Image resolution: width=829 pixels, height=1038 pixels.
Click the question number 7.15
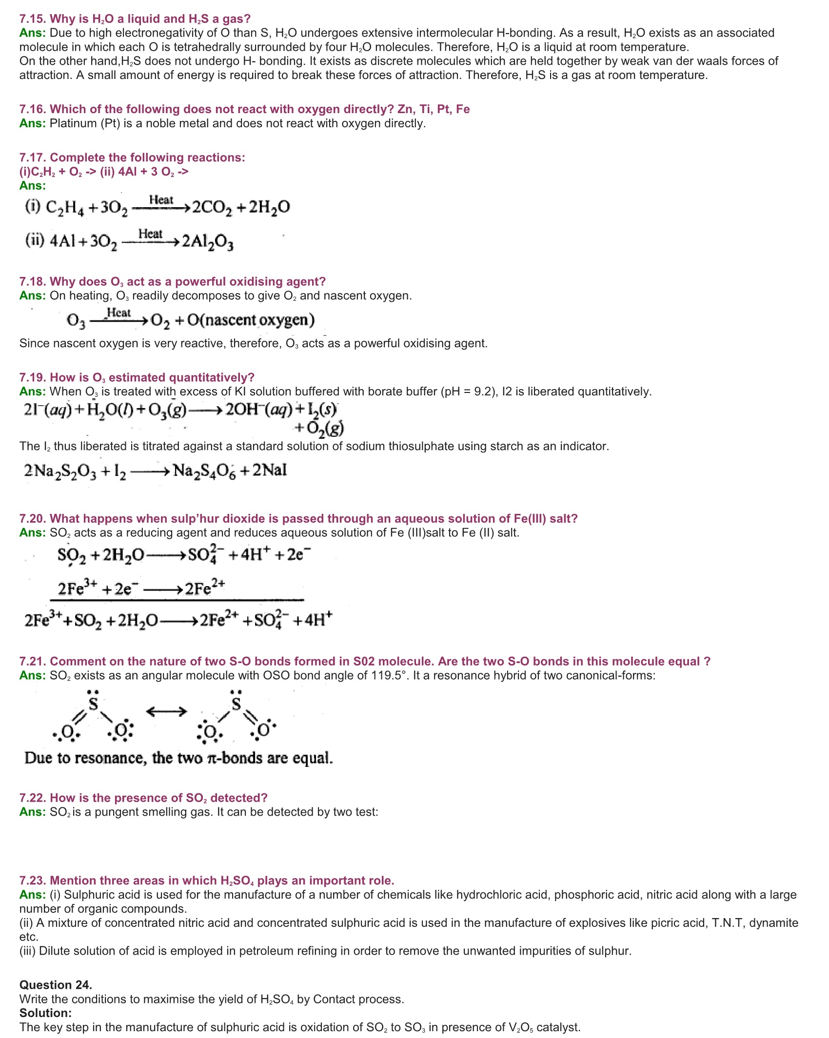coord(33,19)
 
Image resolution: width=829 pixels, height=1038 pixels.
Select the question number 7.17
coord(33,157)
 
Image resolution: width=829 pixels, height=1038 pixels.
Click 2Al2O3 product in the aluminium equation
coord(207,242)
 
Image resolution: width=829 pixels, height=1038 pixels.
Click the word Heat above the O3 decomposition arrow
coord(118,313)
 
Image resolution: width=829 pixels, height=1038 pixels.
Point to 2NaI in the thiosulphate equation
coord(269,470)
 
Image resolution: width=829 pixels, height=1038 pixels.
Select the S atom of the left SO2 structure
coord(93,704)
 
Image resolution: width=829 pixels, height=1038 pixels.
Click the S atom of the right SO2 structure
coord(236,704)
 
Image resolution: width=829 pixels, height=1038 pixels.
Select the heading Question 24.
coord(56,985)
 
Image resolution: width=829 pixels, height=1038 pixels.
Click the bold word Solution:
coord(45,1013)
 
